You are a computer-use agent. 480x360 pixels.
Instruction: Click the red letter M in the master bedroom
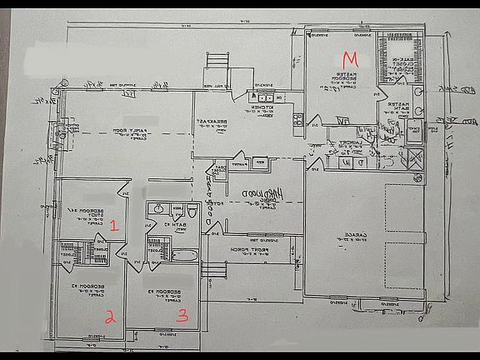coord(351,59)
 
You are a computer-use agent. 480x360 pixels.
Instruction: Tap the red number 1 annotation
coord(116,225)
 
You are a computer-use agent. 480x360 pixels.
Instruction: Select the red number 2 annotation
coord(109,315)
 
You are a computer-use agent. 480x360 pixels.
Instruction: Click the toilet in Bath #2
coord(191,210)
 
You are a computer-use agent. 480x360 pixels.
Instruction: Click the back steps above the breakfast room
coord(217,62)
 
